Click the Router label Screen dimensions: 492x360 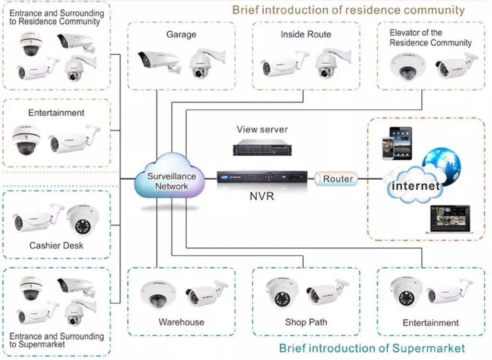point(338,179)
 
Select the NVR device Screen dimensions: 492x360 point(262,178)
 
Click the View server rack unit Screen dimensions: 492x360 point(262,148)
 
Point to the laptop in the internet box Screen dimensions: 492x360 point(450,219)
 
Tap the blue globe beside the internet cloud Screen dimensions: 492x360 point(442,165)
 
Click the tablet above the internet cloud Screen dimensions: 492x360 point(400,143)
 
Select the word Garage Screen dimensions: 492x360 point(181,34)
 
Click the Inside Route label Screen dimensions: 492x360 point(306,34)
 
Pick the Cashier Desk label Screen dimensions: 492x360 point(57,245)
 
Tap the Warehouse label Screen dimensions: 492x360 point(181,322)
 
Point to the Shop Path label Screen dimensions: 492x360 point(306,322)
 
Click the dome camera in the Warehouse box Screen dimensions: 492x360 point(158,295)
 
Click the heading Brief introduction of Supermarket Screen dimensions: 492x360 point(372,348)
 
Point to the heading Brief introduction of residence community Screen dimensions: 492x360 point(348,10)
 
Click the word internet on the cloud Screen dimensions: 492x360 point(416,186)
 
